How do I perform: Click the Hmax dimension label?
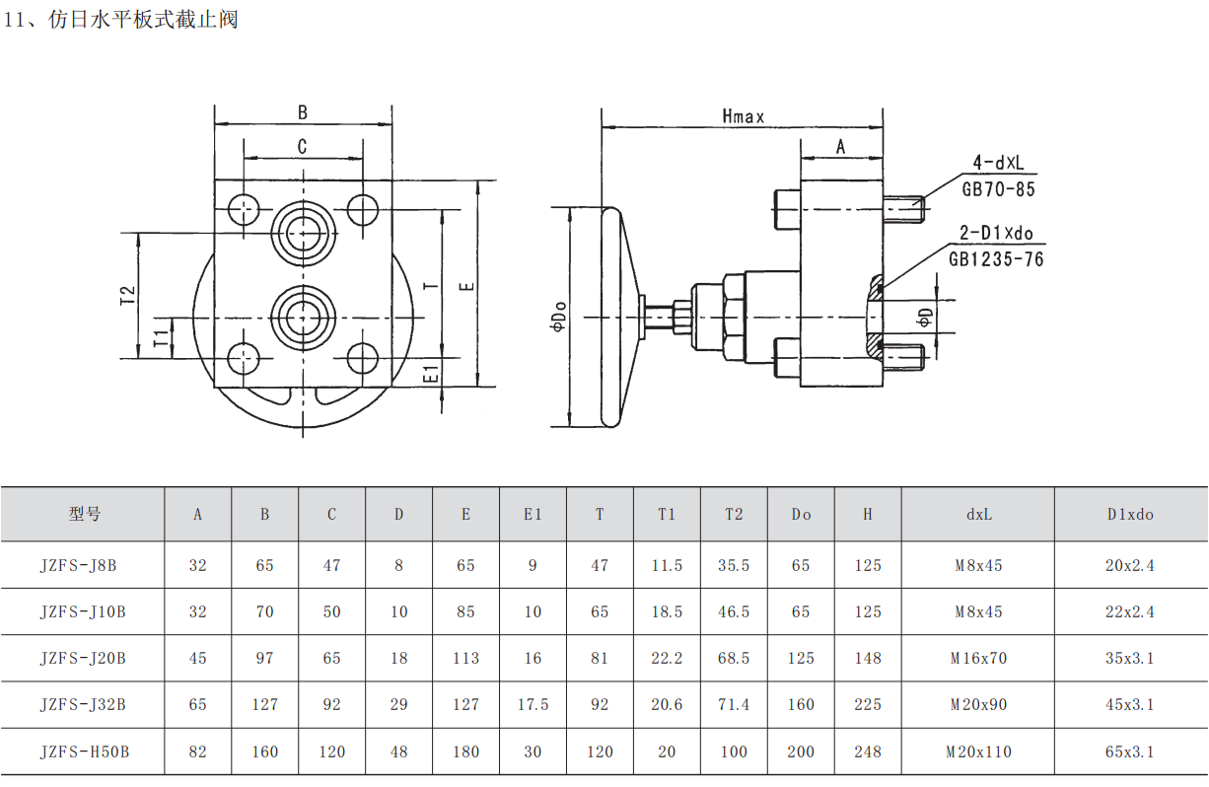click(x=743, y=116)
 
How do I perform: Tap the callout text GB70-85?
click(x=998, y=188)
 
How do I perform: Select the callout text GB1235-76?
click(x=995, y=259)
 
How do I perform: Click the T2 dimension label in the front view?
click(x=127, y=296)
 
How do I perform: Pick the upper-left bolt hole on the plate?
click(x=244, y=209)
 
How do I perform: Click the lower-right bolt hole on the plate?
click(x=363, y=358)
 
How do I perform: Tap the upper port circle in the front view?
click(x=304, y=234)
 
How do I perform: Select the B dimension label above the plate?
click(x=303, y=112)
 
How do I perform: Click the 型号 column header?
click(x=84, y=514)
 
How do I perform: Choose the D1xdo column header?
click(x=1130, y=514)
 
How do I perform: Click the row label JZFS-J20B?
click(x=84, y=659)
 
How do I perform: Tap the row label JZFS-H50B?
click(x=84, y=751)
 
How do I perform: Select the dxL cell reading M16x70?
click(x=978, y=659)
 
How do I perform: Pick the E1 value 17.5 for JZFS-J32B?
click(x=533, y=705)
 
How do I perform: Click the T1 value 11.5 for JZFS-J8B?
click(x=667, y=566)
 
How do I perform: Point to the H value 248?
click(x=868, y=751)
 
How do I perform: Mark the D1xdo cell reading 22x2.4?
click(x=1130, y=612)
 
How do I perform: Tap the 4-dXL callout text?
click(x=998, y=163)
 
